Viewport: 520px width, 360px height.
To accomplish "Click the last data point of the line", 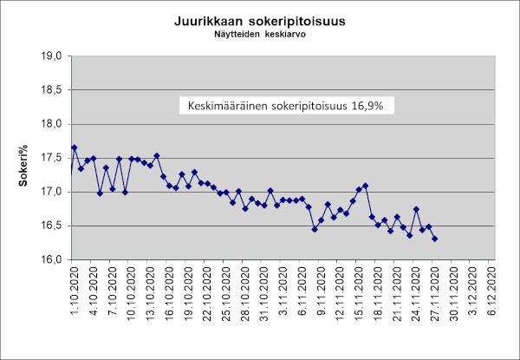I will pos(434,239).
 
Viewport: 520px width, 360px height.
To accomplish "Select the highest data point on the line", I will pos(75,147).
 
